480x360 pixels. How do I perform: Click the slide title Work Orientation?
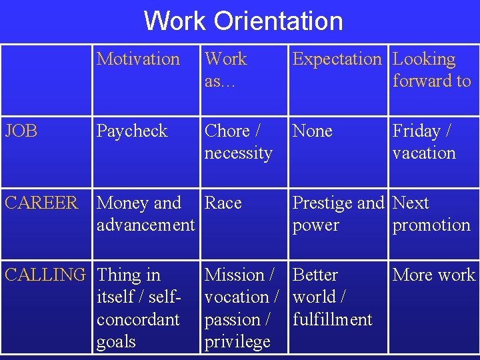tap(243, 21)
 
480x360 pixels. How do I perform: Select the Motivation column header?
tap(138, 59)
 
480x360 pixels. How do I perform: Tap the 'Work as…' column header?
tap(225, 70)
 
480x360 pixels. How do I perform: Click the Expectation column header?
tap(337, 59)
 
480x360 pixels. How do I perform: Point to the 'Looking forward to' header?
tap(431, 70)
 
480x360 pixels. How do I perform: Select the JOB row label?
tap(21, 131)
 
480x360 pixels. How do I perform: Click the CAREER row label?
tap(41, 203)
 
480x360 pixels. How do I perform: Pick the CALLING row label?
tap(45, 275)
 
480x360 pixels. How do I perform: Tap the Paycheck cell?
tap(132, 131)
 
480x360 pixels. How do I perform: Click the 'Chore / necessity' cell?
tap(238, 142)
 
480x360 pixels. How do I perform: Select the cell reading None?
tap(312, 131)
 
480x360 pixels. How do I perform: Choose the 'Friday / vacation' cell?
tap(424, 142)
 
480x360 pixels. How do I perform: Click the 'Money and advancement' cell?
tap(145, 214)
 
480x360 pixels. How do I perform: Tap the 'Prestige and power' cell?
tap(338, 214)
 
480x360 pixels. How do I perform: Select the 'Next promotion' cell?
tap(431, 214)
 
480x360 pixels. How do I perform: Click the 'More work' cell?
tap(434, 275)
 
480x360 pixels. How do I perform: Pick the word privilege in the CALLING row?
tap(237, 342)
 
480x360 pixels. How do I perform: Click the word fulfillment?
tap(333, 319)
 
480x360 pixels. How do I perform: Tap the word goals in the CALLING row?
tap(116, 342)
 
